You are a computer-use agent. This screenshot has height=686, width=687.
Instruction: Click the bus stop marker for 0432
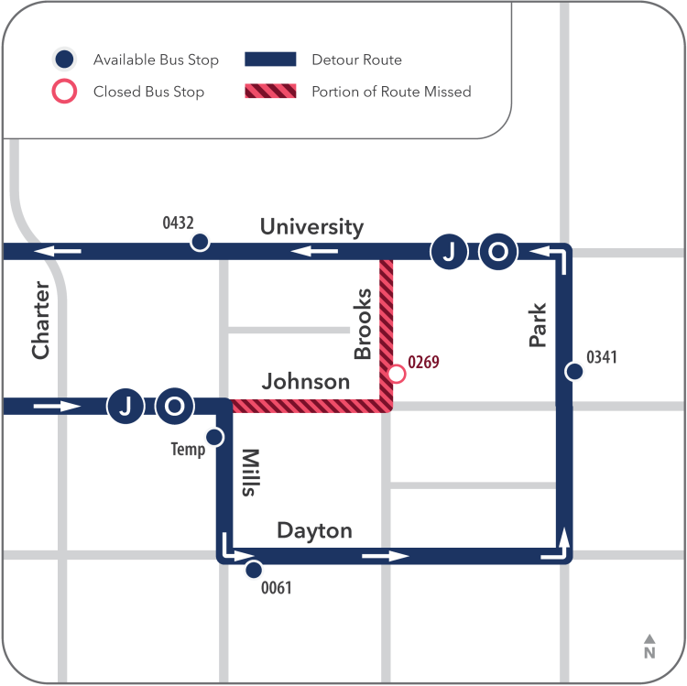[199, 243]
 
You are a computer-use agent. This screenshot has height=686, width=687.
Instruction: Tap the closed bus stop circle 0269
[397, 374]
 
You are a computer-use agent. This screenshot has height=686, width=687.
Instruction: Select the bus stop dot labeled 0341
[573, 371]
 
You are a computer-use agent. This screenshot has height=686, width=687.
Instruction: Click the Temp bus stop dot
[214, 437]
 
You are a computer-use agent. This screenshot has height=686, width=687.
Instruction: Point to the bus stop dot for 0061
[254, 570]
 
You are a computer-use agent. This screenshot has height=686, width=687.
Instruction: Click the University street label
[311, 226]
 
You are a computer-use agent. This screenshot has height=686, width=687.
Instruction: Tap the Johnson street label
[306, 381]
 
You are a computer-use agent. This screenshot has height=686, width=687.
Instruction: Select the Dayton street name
[314, 530]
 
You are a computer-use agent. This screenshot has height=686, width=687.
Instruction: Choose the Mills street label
[247, 473]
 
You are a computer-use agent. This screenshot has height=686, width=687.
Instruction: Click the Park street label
[538, 325]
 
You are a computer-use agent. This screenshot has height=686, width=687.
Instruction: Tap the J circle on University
[449, 252]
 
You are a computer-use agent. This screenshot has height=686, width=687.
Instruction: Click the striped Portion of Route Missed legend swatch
[270, 92]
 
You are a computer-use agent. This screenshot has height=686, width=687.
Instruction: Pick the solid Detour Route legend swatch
[270, 60]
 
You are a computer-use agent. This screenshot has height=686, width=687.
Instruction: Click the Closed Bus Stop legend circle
[64, 92]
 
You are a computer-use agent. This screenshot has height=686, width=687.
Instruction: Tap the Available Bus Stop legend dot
[64, 60]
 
